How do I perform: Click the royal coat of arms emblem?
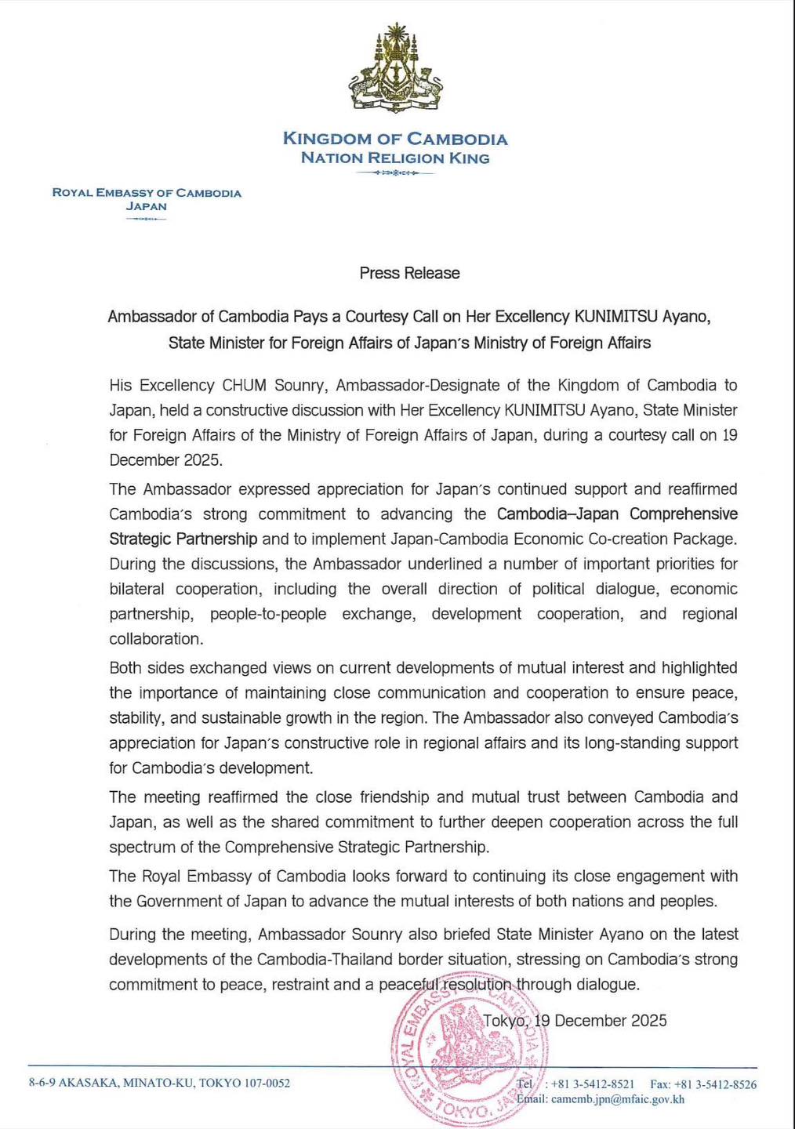click(x=395, y=73)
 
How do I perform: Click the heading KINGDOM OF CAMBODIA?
click(x=395, y=140)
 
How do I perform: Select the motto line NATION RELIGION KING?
click(x=395, y=158)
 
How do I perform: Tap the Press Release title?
click(x=409, y=273)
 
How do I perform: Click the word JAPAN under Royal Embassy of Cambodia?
click(x=147, y=206)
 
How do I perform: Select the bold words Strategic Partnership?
click(x=183, y=539)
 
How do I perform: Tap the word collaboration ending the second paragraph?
click(x=154, y=639)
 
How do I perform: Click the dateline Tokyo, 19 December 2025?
click(x=575, y=1020)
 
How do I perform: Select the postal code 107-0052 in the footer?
click(x=267, y=1084)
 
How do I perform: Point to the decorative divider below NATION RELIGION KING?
click(x=395, y=172)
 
